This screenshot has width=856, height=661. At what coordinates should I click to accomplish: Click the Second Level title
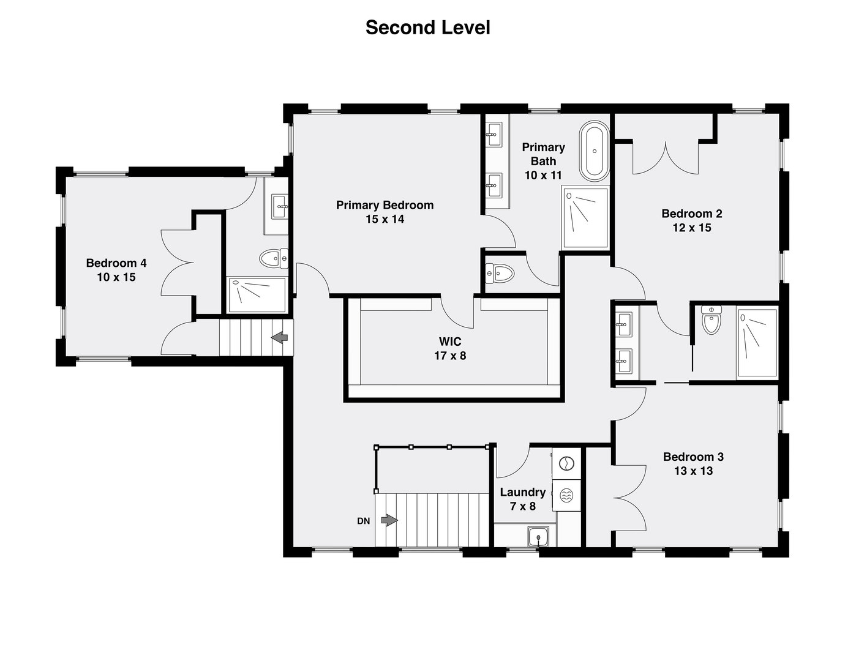click(427, 28)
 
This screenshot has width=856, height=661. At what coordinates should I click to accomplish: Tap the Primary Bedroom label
click(385, 205)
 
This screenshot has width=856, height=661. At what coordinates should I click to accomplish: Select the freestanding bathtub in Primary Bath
click(594, 151)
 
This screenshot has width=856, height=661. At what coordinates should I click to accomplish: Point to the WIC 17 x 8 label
click(450, 348)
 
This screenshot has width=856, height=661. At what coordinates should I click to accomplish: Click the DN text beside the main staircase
click(364, 521)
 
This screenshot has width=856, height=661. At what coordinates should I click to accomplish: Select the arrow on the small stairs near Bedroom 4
click(280, 337)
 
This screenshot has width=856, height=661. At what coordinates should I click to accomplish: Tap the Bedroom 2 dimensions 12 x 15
click(691, 228)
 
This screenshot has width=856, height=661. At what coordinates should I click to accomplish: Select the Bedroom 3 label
click(693, 457)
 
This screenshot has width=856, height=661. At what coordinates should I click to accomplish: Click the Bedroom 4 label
click(116, 263)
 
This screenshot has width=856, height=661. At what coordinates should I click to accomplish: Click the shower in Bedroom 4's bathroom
click(257, 291)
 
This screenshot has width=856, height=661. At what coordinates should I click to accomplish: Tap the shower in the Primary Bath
click(585, 218)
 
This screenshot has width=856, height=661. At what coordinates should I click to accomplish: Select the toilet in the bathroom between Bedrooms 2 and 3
click(711, 320)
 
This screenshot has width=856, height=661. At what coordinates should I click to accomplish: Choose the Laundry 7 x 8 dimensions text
click(522, 506)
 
